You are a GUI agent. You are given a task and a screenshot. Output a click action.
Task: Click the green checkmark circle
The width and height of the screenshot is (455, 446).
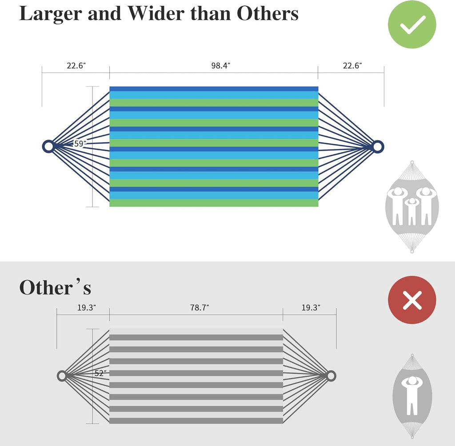[412, 24]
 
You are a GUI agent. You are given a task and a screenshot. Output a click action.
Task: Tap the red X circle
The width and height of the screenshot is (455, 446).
[412, 300]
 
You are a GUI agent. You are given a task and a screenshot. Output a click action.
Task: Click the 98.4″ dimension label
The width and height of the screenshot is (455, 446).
[220, 66]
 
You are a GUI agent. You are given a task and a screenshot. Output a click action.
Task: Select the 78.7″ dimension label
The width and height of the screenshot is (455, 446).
[200, 308]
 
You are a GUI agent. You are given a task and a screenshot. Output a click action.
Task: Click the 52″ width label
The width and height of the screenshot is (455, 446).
[100, 373]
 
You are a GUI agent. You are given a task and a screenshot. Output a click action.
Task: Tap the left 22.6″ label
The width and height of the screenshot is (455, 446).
[76, 66]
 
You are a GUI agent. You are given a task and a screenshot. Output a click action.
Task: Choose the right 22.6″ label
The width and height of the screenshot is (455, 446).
[352, 66]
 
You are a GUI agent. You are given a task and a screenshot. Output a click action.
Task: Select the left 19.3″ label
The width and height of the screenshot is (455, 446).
[87, 308]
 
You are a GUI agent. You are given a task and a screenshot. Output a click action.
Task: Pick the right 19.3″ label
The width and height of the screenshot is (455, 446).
[311, 308]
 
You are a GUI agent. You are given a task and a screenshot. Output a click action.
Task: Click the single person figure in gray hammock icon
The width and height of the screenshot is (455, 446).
[412, 395]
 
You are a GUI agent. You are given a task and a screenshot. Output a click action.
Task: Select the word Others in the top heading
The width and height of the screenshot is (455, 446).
[267, 13]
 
